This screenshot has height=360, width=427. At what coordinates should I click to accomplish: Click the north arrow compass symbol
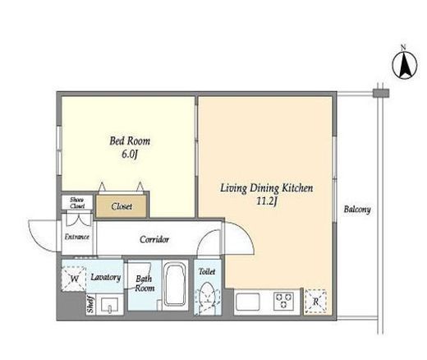(x=405, y=65)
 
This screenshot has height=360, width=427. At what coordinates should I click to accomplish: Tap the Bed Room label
(x=130, y=141)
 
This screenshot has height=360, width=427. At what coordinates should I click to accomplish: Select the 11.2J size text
(x=267, y=201)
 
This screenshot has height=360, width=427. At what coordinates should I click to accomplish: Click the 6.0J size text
(x=129, y=155)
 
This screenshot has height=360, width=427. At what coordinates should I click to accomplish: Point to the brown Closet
(x=122, y=206)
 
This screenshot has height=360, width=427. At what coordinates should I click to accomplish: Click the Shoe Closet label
(x=77, y=203)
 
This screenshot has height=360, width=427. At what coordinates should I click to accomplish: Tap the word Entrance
(x=77, y=237)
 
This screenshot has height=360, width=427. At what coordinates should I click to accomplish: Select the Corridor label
(x=154, y=239)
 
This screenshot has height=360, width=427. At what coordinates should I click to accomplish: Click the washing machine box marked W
(x=74, y=279)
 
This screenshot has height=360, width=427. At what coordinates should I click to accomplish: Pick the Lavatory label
(x=106, y=277)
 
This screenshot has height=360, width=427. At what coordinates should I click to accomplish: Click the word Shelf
(x=90, y=304)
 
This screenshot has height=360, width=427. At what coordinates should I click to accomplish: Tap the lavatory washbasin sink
(x=109, y=305)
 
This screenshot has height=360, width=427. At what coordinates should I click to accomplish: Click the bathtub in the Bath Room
(x=176, y=285)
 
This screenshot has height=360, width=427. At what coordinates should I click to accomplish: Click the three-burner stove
(x=284, y=300)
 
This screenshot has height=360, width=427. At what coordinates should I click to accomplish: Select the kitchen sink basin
(x=248, y=300)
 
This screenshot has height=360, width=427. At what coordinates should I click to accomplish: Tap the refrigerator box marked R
(x=315, y=302)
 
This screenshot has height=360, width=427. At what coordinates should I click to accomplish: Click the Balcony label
(x=357, y=210)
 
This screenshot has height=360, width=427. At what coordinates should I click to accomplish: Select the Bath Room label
(x=145, y=284)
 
